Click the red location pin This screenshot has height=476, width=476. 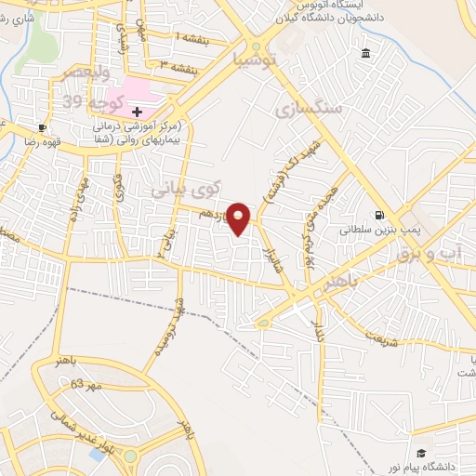[240, 218]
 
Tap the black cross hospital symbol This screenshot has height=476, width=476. [137, 112]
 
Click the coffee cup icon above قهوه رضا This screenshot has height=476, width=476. [42, 127]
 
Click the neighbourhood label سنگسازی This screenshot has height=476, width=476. [309, 110]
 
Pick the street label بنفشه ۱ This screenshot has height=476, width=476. [191, 36]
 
